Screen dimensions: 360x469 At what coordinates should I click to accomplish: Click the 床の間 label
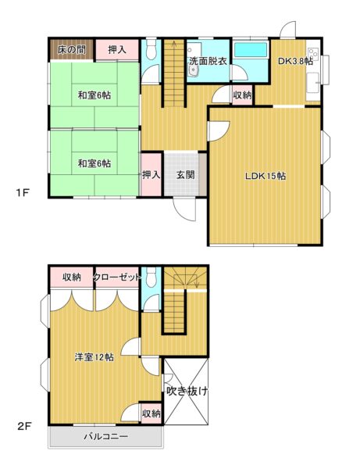(x=72, y=50)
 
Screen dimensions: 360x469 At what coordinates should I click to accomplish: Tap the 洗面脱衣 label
(x=209, y=61)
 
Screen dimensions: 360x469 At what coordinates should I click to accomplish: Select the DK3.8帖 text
(x=295, y=61)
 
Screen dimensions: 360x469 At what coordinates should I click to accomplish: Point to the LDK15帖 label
(x=266, y=176)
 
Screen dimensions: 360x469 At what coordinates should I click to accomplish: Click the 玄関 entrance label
(x=186, y=174)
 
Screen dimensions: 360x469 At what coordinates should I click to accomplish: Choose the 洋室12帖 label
(x=94, y=357)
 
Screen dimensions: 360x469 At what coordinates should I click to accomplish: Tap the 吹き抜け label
(x=187, y=391)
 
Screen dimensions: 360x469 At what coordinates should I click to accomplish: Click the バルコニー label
(x=105, y=436)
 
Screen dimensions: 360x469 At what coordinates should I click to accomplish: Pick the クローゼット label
(x=117, y=277)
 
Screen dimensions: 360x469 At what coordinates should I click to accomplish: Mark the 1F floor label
(x=22, y=192)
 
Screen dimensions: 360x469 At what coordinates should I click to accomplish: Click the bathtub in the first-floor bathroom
(x=251, y=49)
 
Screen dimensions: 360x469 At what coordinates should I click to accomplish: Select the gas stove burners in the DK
(x=313, y=55)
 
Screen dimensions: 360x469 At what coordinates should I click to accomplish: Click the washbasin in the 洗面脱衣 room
(x=194, y=72)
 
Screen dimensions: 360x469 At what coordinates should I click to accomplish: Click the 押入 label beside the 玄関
(x=151, y=174)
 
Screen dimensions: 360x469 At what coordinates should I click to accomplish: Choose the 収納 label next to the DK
(x=242, y=95)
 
